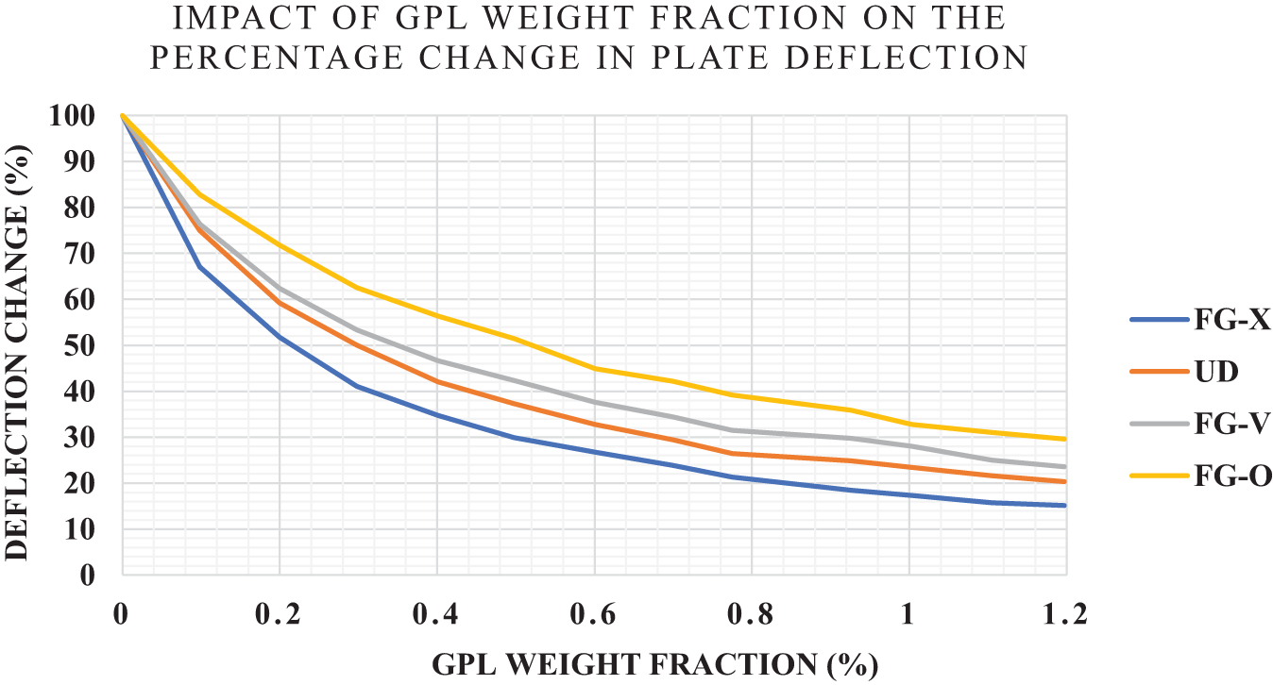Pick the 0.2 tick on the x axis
(280, 614)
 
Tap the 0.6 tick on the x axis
(594, 614)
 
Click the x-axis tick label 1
(908, 614)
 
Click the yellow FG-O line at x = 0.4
(437, 315)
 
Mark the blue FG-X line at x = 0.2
(280, 337)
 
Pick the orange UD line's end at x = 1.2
(1065, 481)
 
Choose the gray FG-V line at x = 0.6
(594, 402)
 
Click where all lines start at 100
(123, 116)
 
